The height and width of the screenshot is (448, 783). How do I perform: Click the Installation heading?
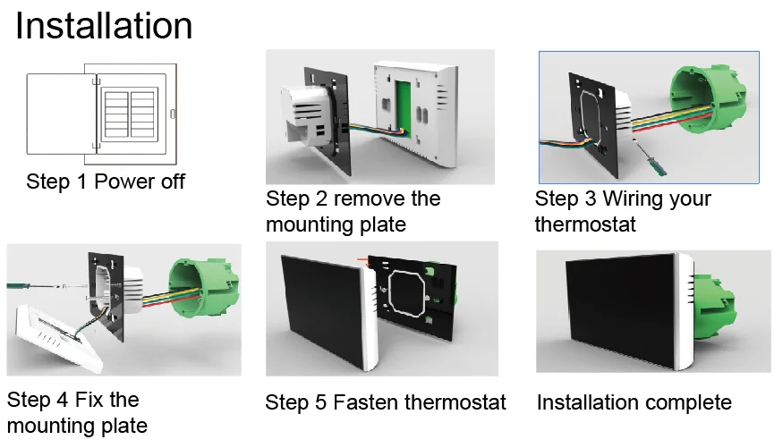click(104, 26)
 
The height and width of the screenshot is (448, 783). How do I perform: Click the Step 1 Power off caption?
click(106, 182)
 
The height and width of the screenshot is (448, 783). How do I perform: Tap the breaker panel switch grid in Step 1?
click(127, 112)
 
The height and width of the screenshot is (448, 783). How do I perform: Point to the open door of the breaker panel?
click(56, 115)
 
